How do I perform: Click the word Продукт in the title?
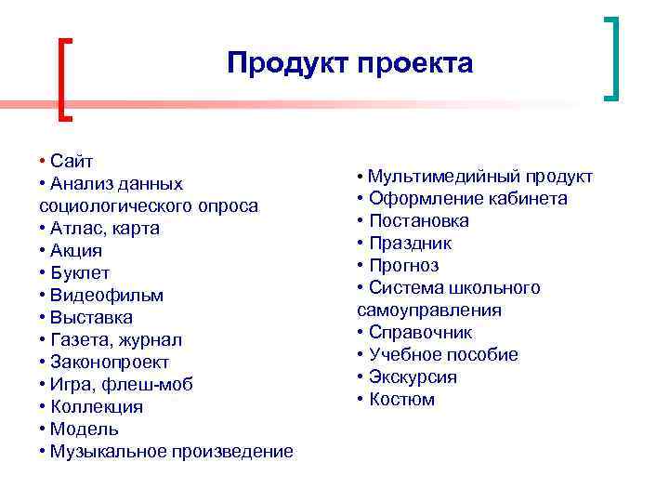[284, 63]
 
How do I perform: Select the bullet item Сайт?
[72, 161]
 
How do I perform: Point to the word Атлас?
[77, 228]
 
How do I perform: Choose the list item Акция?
[76, 250]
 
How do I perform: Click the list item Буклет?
[80, 272]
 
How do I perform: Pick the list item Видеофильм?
[107, 295]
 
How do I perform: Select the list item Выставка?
[91, 317]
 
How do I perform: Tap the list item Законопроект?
[110, 362]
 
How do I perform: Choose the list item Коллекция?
[97, 406]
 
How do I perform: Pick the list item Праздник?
[410, 244]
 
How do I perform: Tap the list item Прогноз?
[403, 266]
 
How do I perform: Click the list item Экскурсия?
[413, 377]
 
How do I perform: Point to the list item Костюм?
[401, 400]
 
